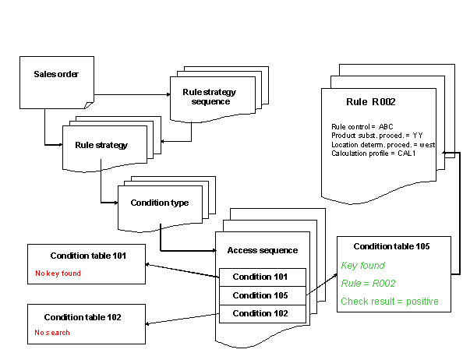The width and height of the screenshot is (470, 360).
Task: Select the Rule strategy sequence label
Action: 209,97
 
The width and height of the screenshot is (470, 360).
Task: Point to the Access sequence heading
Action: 262,250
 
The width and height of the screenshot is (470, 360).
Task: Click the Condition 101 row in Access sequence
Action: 260,277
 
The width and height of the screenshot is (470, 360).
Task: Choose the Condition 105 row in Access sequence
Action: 260,295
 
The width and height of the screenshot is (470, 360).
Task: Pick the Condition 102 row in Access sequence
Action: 260,314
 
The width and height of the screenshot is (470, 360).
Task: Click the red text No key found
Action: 58,274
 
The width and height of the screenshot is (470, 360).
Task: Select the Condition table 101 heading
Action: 87,256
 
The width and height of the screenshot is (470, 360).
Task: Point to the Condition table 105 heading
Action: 392,247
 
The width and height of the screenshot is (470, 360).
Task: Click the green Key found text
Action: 363,266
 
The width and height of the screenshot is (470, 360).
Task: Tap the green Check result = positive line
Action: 390,302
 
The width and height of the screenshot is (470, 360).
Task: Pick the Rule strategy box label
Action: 101,145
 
